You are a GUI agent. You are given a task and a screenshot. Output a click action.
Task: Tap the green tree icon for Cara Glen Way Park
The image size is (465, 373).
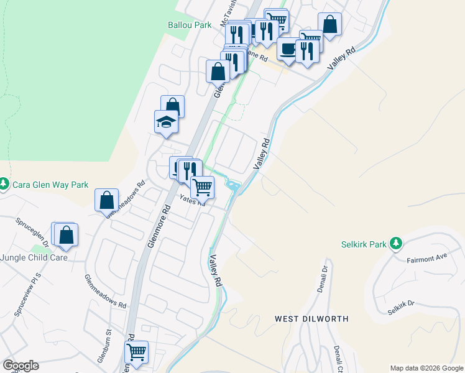4,183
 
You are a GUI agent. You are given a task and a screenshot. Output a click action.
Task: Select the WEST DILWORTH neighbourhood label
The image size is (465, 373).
311,319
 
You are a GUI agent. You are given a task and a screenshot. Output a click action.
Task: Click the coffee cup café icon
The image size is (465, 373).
288,48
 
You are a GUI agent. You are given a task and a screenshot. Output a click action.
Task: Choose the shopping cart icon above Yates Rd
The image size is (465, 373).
202,186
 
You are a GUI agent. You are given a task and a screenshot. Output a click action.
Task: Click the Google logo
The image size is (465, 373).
21,365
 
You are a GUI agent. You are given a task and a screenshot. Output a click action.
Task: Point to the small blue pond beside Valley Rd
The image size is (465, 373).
233,185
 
